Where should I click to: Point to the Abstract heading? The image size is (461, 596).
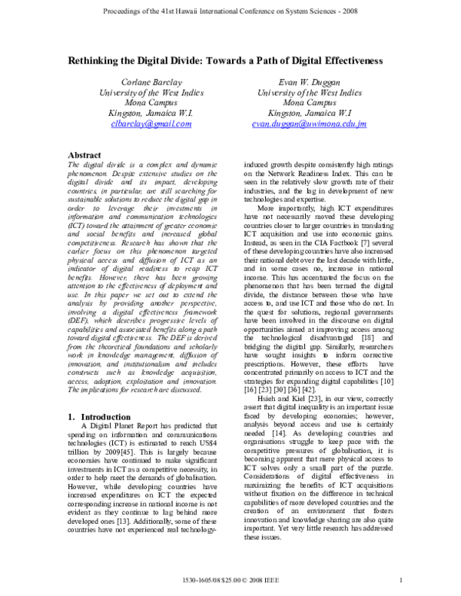click(x=86, y=154)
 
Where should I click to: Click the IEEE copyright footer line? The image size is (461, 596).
click(x=230, y=580)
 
